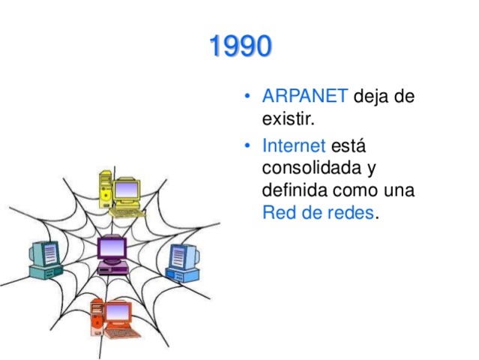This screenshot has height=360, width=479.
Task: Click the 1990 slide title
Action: pyautogui.click(x=240, y=46)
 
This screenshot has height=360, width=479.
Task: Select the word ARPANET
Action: pyautogui.click(x=304, y=97)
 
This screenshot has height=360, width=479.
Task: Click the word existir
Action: pyautogui.click(x=289, y=118)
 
